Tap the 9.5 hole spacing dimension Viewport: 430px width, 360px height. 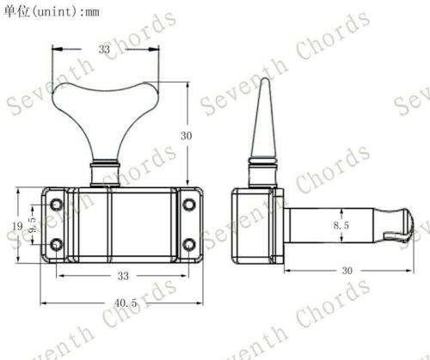[33, 224]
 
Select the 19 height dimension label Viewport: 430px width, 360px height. [17, 226]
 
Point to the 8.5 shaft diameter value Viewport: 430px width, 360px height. [341, 225]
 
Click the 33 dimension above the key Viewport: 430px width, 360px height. [104, 49]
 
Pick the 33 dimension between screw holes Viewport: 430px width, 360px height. [123, 276]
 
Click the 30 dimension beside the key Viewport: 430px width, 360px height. [186, 136]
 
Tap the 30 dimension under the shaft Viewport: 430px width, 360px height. [347, 271]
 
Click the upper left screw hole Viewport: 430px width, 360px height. [56, 204]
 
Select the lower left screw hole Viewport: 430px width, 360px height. [56, 245]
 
